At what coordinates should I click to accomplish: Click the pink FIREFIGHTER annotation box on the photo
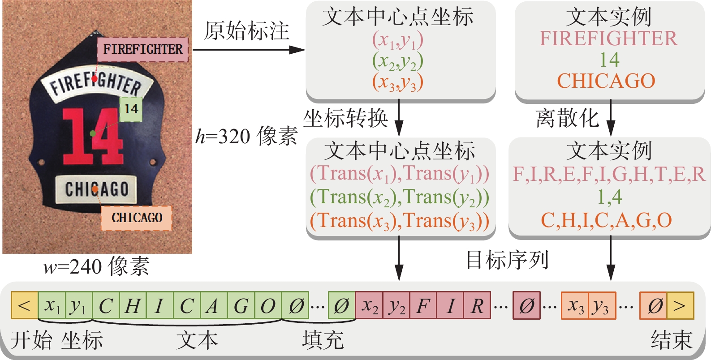click(143, 49)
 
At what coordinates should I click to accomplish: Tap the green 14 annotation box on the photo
click(131, 109)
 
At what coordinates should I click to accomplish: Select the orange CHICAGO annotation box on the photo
click(137, 218)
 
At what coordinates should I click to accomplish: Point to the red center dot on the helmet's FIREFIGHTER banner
click(95, 79)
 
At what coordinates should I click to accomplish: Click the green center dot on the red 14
click(93, 133)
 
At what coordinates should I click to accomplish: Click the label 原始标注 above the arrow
click(246, 31)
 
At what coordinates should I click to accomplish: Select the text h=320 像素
click(246, 136)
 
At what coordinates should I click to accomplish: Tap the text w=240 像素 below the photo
click(96, 266)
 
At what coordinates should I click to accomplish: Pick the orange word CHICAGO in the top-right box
click(606, 81)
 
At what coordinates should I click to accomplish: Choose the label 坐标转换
click(345, 119)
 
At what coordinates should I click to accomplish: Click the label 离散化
click(567, 119)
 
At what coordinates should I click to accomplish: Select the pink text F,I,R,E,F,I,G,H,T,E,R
click(609, 174)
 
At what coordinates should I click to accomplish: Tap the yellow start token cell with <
click(25, 305)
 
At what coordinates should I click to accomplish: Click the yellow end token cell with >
click(680, 305)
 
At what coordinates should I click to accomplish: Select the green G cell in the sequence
click(241, 305)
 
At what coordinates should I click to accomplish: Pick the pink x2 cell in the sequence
click(369, 305)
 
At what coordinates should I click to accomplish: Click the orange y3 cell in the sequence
click(602, 305)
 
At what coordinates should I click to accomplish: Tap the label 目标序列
click(507, 260)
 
